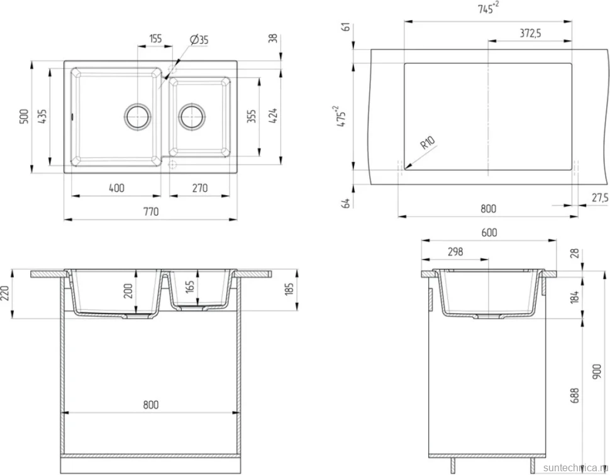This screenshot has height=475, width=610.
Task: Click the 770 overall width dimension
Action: pos(151,212)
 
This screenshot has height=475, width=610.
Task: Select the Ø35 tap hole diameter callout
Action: pos(199,40)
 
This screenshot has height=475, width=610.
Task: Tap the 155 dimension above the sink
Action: pos(155,39)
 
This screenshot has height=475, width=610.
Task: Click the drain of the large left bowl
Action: pos(137,116)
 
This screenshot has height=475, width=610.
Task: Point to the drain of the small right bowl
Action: pos(192,116)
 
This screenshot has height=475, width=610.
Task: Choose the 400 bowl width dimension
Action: pos(116,188)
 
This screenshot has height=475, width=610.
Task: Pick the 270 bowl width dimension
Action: pos(200,188)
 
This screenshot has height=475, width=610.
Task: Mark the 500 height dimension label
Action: pos(24,116)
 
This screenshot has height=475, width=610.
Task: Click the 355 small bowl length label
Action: pos(252,116)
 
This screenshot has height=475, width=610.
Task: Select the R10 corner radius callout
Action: pos(428,143)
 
